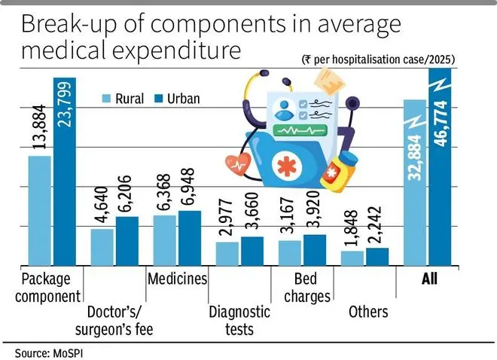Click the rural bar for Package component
click(40, 210)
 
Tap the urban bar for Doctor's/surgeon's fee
click(127, 241)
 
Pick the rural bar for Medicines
click(164, 240)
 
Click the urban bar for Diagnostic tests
click(252, 251)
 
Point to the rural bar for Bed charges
click(290, 253)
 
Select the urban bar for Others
click(377, 257)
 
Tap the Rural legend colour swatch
click(108, 99)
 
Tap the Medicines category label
click(177, 279)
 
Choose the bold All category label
click(429, 279)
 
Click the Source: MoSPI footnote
click(47, 351)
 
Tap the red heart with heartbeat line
click(239, 165)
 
